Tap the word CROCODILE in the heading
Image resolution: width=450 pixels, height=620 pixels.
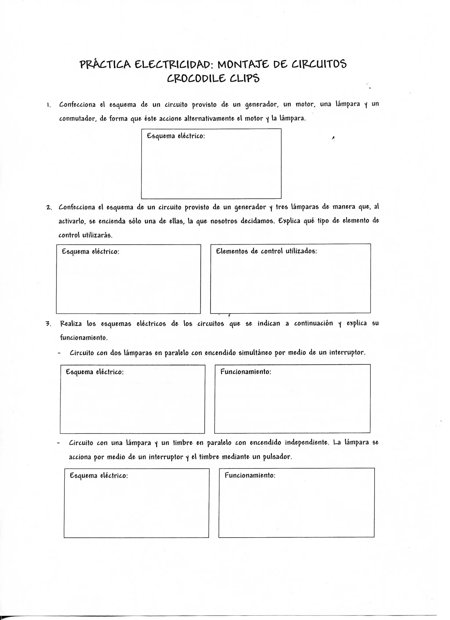tap(196, 79)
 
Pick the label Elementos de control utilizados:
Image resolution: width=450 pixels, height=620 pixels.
tap(266, 251)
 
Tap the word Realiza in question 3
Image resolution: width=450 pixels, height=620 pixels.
tap(71, 324)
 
